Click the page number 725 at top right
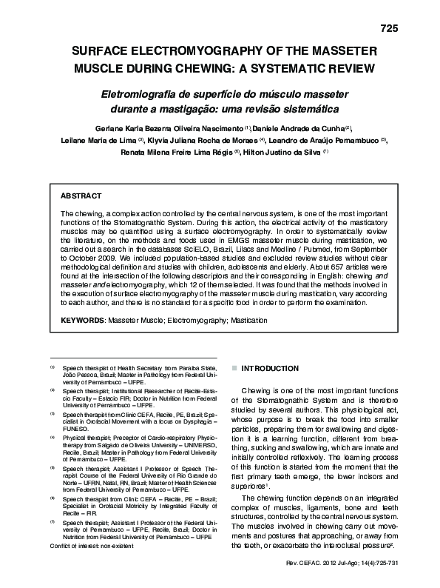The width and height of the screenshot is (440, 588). pos(389,29)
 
